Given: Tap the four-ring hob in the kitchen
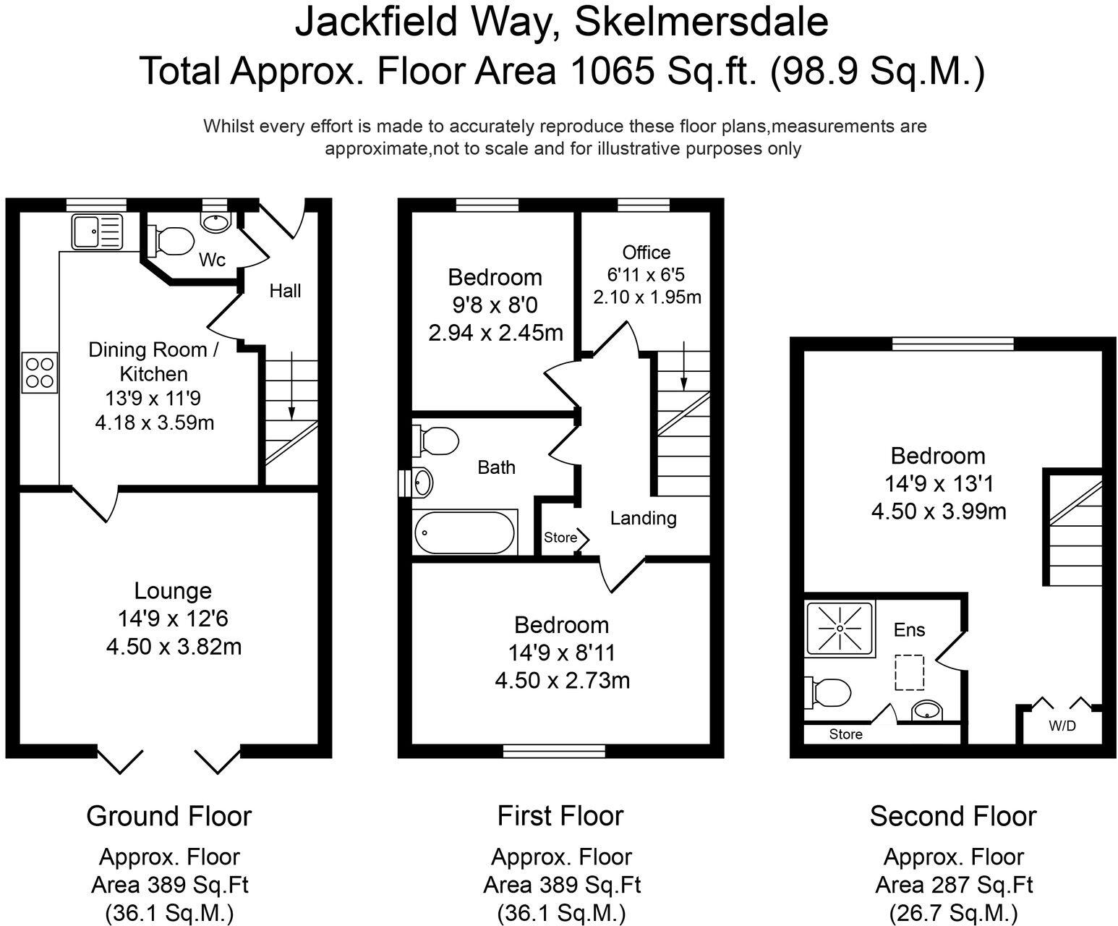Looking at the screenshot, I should point(39,372).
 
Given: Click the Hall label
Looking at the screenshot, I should point(285,291).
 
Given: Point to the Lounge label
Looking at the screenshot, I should point(173,591).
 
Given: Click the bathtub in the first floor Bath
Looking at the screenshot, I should point(465,533).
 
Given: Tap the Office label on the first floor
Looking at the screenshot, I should point(647,252).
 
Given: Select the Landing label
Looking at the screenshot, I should point(643,518).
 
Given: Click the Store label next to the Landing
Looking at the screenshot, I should point(560,537).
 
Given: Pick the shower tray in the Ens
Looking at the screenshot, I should point(840,628).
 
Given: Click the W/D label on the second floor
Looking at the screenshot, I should point(1062,726).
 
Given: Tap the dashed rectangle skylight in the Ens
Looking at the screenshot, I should point(910,672).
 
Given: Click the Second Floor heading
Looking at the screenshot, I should point(953,816).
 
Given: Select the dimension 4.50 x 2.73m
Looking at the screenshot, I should point(562,681).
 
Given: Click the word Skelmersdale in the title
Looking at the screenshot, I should point(701,22).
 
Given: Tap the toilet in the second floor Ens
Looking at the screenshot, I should point(829,692).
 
